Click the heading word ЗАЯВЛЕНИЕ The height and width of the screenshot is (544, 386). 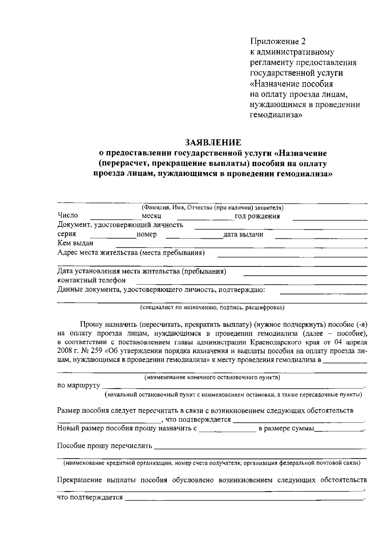[213, 142]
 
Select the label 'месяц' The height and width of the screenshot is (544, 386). [152, 216]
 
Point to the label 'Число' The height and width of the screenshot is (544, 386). [68, 216]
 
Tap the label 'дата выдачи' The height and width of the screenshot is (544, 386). [243, 235]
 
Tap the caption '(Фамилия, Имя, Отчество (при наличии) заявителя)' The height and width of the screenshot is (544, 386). [212, 208]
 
